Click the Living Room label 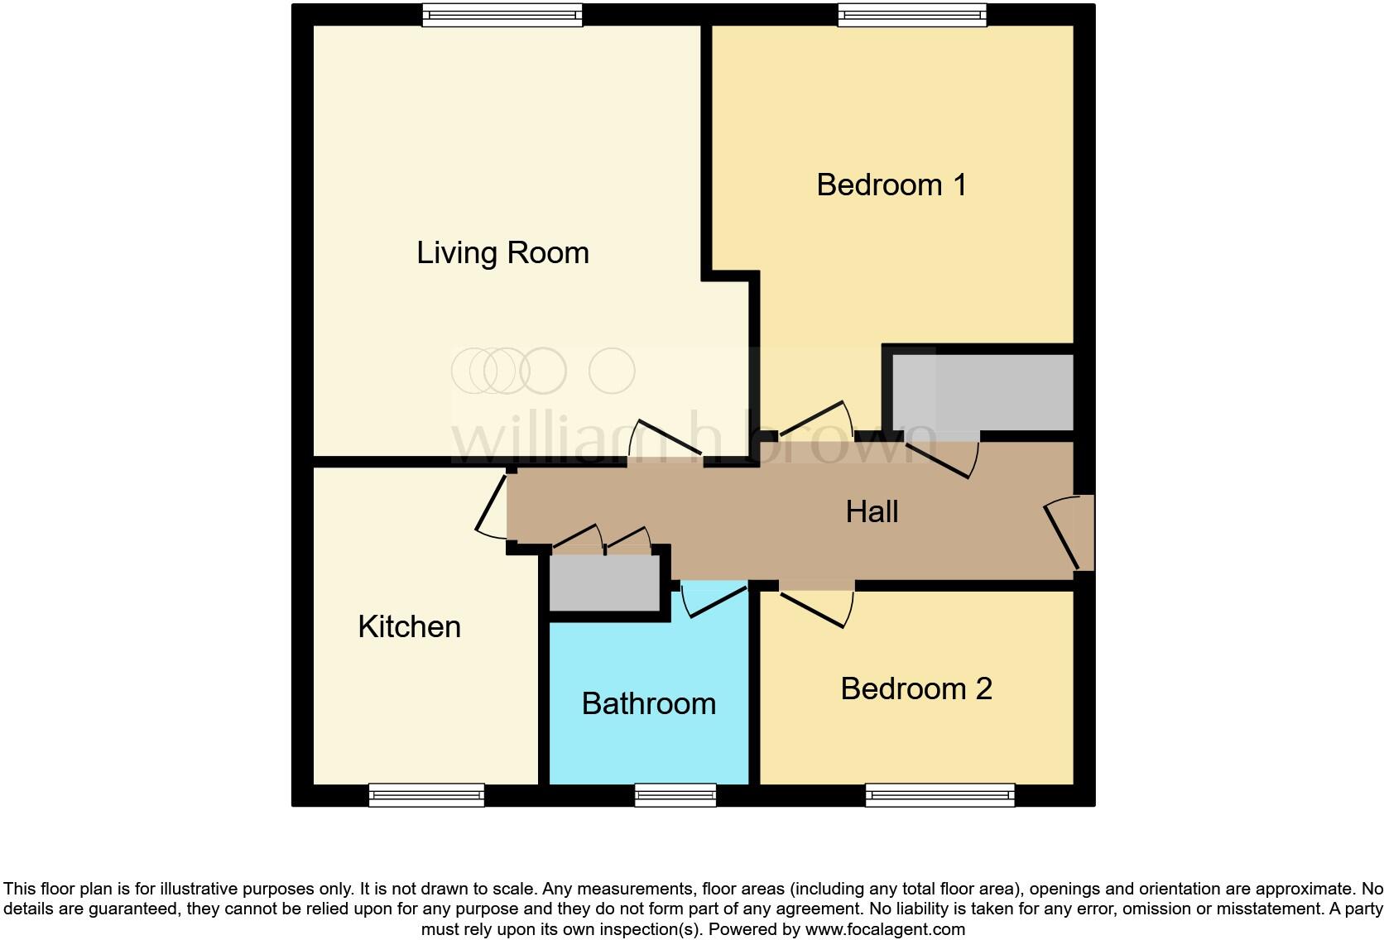[x=502, y=252]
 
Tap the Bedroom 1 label [x=891, y=185]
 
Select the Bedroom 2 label [x=916, y=688]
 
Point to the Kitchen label [x=409, y=626]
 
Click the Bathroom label [x=648, y=703]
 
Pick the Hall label [x=872, y=511]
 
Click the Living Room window [x=502, y=15]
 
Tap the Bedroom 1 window [x=912, y=15]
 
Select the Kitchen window [x=426, y=795]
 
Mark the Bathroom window [x=675, y=795]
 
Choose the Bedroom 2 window [x=939, y=795]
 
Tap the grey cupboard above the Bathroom [x=605, y=583]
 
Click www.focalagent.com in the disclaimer [x=884, y=929]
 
